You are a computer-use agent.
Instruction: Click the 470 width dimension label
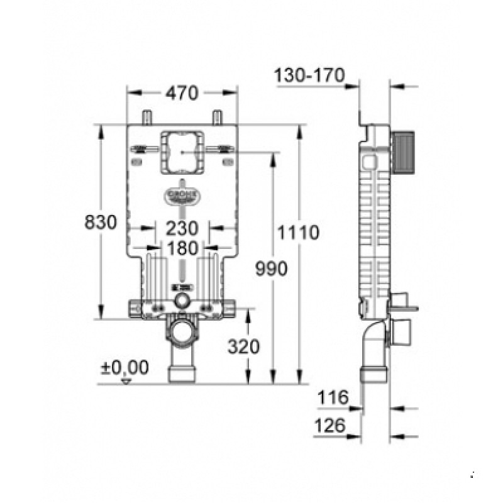tap(182, 93)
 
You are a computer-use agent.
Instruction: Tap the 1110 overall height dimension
tap(300, 233)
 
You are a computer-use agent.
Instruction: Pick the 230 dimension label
tap(182, 228)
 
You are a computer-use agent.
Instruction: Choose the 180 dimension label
tap(182, 248)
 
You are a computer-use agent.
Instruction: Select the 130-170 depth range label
tap(309, 76)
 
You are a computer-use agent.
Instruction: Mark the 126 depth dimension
tap(331, 426)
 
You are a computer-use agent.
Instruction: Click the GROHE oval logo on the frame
tap(182, 195)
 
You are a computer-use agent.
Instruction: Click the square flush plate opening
tap(181, 152)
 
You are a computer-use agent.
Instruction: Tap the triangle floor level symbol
tap(126, 381)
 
